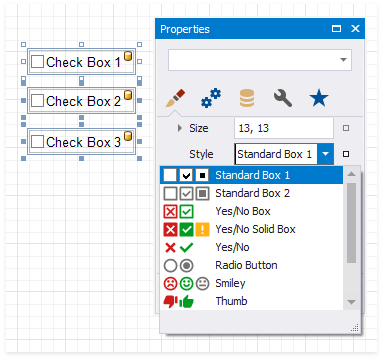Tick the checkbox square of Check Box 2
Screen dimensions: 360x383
(37, 101)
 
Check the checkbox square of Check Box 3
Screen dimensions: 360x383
(37, 143)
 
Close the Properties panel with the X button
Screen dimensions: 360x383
(355, 29)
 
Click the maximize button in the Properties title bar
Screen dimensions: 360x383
(336, 29)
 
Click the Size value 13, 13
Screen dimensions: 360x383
(280, 128)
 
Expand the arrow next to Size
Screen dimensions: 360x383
(179, 128)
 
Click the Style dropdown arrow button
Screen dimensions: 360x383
(326, 154)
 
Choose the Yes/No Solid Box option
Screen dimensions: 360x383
(255, 229)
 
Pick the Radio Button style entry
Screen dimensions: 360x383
(246, 265)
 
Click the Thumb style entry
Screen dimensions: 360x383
(231, 301)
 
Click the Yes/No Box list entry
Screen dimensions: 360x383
(242, 211)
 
